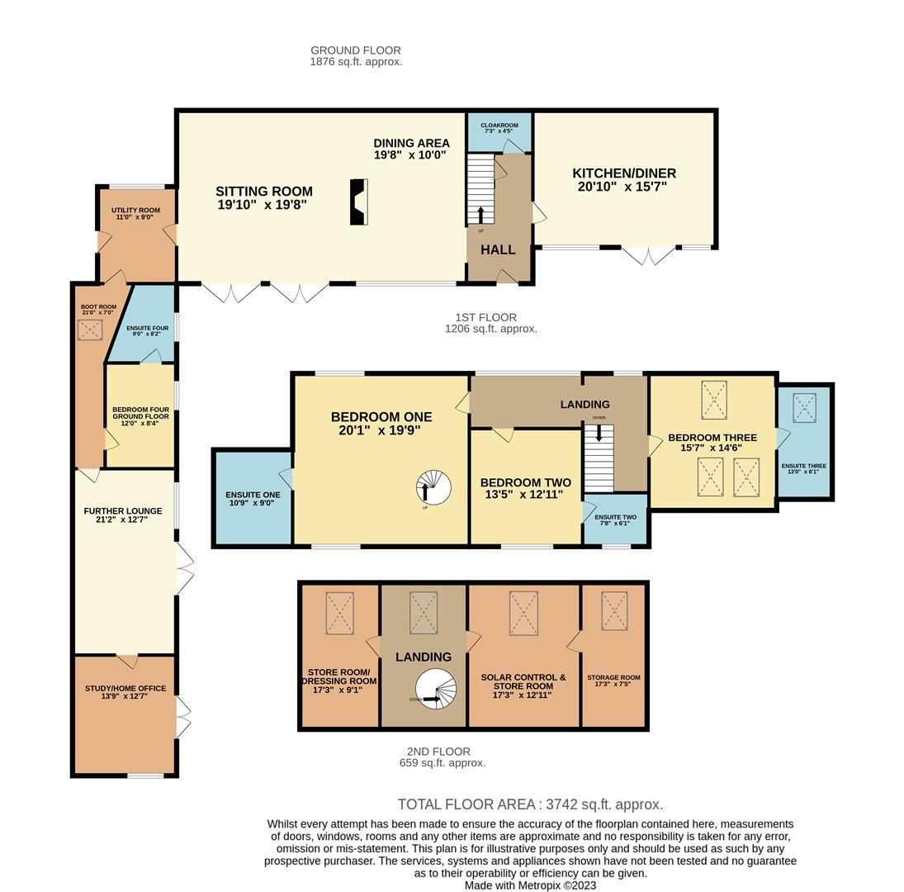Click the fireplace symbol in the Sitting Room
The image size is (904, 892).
[x=358, y=202]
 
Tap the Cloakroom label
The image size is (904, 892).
[x=499, y=126]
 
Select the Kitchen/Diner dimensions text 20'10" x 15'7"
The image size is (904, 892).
[x=622, y=187]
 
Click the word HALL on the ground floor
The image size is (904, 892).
[x=498, y=249]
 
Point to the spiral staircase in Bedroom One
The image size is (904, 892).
[x=433, y=488]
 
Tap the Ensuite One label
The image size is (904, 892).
[x=253, y=495]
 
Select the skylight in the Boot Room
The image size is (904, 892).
[x=90, y=330]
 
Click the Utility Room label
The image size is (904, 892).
[x=135, y=211]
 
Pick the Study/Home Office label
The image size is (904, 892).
[x=125, y=688]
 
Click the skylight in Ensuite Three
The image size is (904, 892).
[x=804, y=408]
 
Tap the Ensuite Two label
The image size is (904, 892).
[x=615, y=517]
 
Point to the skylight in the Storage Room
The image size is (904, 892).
[x=613, y=611]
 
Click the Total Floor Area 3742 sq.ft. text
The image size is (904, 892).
[x=530, y=804]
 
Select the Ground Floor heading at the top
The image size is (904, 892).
[x=356, y=50]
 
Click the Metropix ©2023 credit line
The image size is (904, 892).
[x=530, y=885]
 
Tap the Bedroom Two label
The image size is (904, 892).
[x=525, y=482]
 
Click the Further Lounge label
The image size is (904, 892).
[x=123, y=511]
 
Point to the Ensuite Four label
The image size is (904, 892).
[x=148, y=328]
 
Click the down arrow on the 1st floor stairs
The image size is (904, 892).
[x=599, y=432]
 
